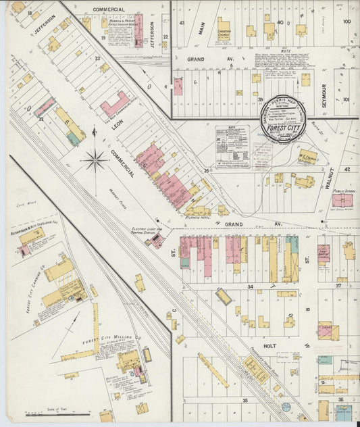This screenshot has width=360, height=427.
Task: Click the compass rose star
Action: (95, 160)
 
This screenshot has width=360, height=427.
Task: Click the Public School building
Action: (342, 199)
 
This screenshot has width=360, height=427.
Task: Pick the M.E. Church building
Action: (308, 157)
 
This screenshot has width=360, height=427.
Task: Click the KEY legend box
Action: (232, 146)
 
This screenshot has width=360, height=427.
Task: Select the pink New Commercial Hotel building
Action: (115, 105)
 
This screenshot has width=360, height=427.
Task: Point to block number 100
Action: (346, 22)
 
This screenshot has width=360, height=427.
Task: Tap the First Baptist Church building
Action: (324, 253)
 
